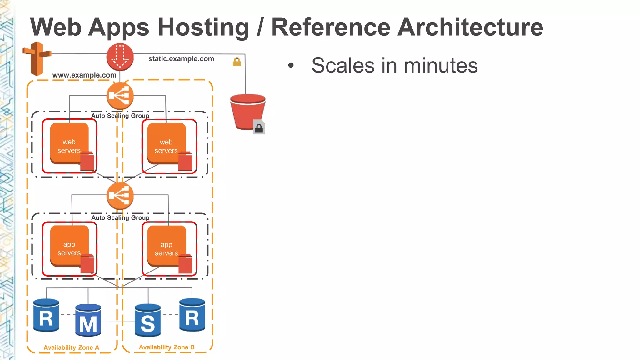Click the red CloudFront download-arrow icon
click(x=120, y=57)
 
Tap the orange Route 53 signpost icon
click(x=37, y=58)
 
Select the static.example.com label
click(x=181, y=59)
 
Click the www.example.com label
click(x=84, y=75)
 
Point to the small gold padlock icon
click(x=237, y=62)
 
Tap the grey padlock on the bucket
click(x=259, y=127)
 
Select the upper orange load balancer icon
click(x=120, y=96)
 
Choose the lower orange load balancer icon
click(x=120, y=196)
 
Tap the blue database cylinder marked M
click(x=88, y=320)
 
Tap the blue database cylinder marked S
click(x=148, y=320)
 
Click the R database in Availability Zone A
click(x=46, y=316)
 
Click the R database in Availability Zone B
click(x=192, y=315)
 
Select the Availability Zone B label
click(x=167, y=347)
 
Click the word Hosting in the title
click(x=203, y=27)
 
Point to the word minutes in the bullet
click(x=441, y=66)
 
